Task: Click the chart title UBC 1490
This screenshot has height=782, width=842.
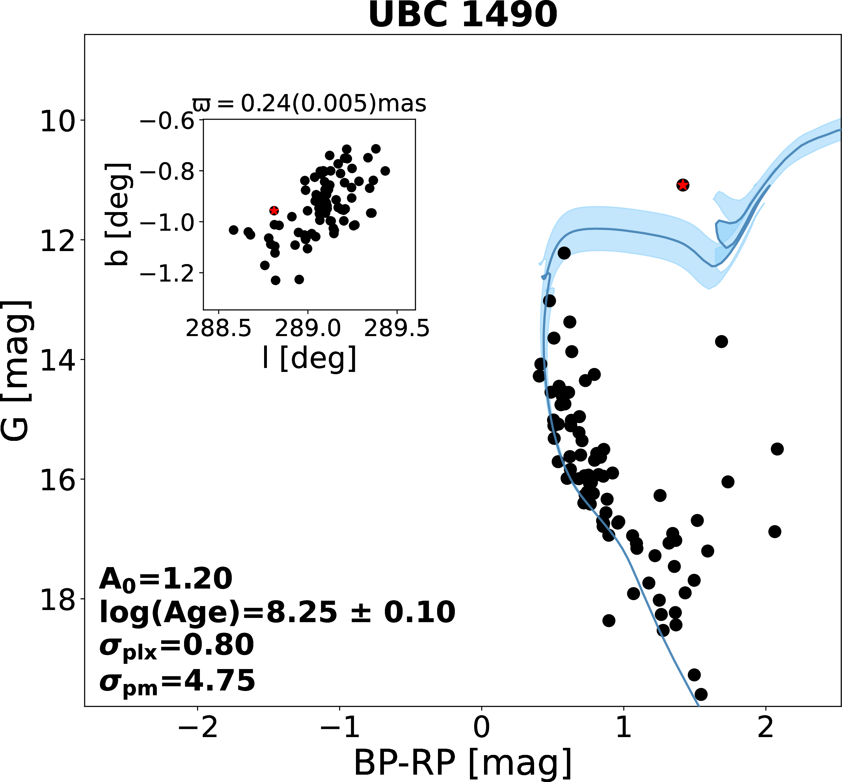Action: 463,15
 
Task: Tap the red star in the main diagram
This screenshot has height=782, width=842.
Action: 682,185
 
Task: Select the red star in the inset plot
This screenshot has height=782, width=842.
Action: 274,210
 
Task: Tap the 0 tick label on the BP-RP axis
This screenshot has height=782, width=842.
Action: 482,727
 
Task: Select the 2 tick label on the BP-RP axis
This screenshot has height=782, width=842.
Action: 766,727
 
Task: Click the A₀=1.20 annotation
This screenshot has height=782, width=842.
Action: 166,579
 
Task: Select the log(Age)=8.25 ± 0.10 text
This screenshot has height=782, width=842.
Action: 277,612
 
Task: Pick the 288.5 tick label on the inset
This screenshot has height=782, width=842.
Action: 219,329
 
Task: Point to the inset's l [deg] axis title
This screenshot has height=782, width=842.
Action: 310,358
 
